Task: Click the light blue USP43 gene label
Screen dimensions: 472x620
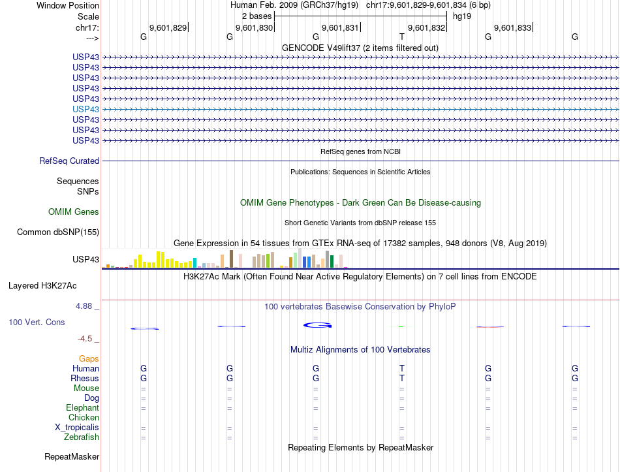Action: click(86, 109)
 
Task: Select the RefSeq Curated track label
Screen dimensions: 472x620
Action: click(69, 161)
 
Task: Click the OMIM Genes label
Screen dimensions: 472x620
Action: click(74, 212)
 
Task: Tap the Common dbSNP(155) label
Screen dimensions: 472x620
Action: click(58, 232)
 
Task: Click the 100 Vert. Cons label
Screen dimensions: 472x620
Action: click(37, 322)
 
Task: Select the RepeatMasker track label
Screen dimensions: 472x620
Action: click(72, 456)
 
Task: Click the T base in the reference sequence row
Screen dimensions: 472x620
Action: click(402, 37)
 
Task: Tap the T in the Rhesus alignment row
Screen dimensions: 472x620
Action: click(402, 378)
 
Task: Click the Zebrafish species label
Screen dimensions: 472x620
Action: click(82, 437)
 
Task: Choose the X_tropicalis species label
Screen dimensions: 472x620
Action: click(77, 427)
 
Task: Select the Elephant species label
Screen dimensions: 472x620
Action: click(82, 407)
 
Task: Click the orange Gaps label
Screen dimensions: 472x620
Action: click(89, 358)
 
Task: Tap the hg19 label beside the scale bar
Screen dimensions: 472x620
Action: click(462, 16)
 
